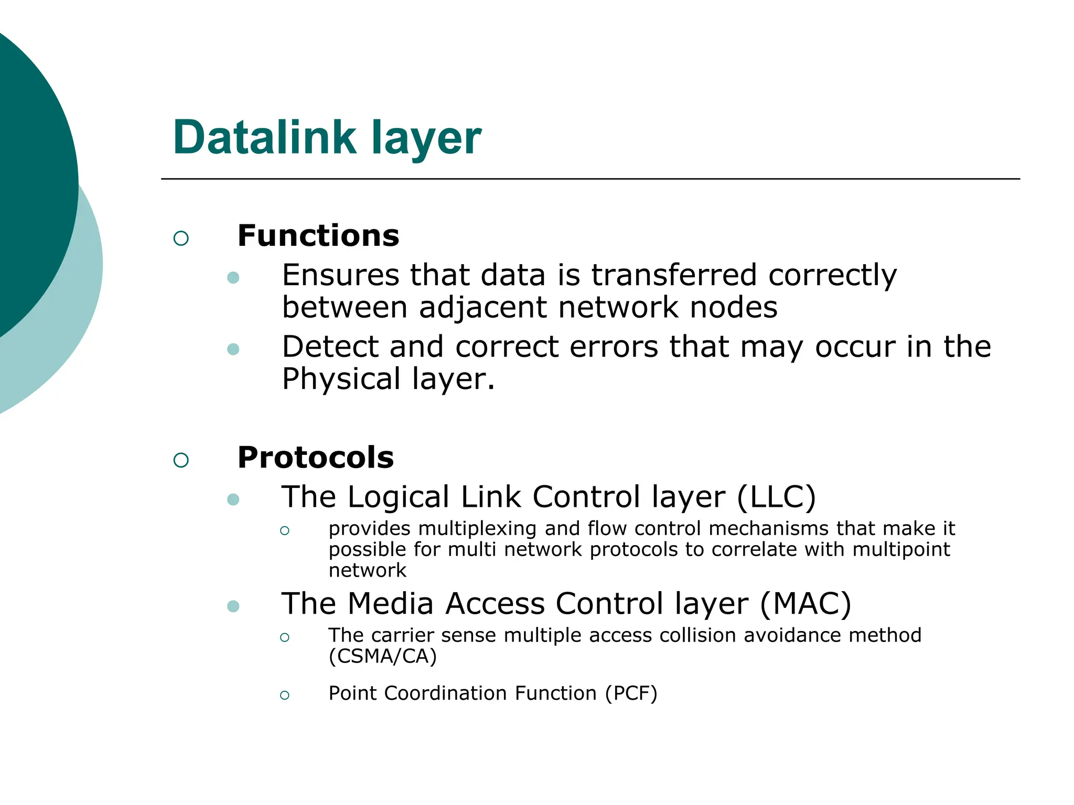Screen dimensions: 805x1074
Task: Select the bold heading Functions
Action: (318, 236)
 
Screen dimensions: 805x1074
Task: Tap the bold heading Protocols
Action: (315, 458)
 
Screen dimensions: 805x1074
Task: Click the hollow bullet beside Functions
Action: (181, 238)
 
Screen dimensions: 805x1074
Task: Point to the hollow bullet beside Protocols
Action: (181, 460)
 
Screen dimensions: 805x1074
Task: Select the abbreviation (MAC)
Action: (805, 604)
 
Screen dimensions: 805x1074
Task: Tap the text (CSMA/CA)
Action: (382, 656)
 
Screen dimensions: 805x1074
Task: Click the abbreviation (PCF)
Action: (631, 693)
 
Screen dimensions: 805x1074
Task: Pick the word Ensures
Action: (340, 275)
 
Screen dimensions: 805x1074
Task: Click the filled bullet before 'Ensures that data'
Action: (233, 278)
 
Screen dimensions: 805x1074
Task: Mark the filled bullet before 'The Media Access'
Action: (233, 606)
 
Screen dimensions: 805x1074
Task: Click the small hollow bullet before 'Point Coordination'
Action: (285, 695)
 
